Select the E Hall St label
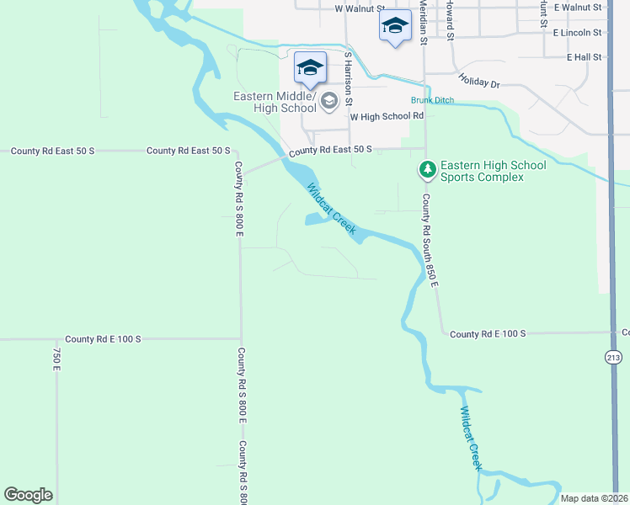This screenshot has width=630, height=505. [585, 57]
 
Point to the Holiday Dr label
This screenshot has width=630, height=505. [479, 84]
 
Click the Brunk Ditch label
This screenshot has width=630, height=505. [432, 101]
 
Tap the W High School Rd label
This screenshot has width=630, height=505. [386, 117]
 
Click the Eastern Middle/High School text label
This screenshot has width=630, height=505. [275, 102]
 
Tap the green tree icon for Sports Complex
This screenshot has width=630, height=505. [428, 171]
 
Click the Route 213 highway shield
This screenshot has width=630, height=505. [612, 358]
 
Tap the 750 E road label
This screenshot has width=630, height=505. [57, 359]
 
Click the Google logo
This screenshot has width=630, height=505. [28, 495]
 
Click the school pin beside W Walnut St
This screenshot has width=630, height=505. [395, 27]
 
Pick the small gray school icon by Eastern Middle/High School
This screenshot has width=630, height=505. [328, 103]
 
